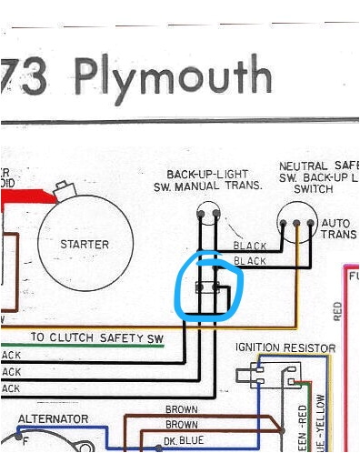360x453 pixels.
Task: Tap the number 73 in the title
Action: (35, 78)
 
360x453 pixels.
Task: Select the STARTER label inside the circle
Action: (85, 245)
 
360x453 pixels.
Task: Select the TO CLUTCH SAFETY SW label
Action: (98, 337)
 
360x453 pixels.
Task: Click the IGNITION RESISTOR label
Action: (285, 348)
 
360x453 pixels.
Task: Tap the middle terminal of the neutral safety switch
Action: (297, 223)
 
